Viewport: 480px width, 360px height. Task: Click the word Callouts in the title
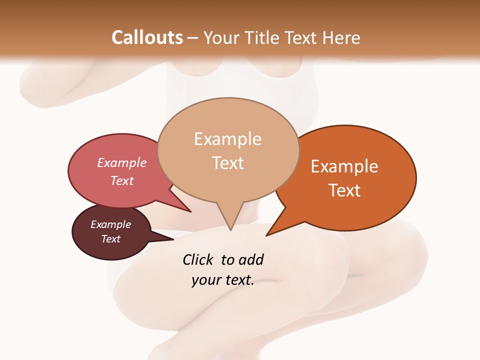(x=147, y=37)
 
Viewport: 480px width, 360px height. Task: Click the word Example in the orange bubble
(x=344, y=166)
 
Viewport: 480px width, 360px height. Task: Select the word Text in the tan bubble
(x=228, y=163)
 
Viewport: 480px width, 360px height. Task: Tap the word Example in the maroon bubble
(x=110, y=224)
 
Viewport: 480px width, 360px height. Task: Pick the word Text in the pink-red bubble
(x=122, y=180)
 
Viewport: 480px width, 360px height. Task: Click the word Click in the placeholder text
(x=198, y=259)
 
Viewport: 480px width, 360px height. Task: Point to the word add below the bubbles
(x=250, y=259)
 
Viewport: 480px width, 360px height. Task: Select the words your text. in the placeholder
(x=223, y=280)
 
